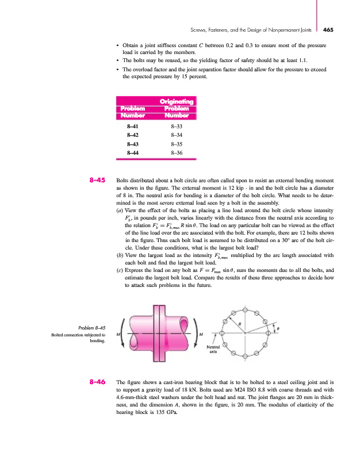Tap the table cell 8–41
[132, 125]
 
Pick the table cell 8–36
[177, 152]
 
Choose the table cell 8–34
[177, 134]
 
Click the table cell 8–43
[132, 143]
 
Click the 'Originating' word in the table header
[177, 102]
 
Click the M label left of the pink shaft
[118, 333]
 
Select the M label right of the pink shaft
[200, 333]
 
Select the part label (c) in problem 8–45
[120, 254]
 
